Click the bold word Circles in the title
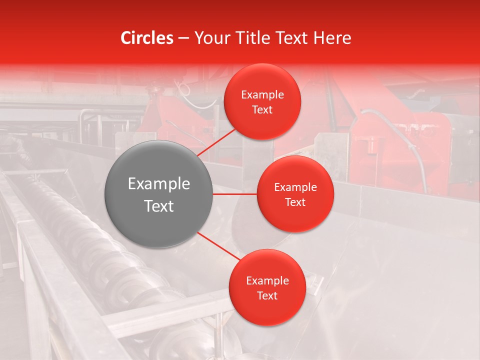147,38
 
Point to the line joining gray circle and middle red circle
235,194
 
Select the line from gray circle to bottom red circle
219,246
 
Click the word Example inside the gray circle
159,184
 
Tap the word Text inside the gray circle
159,206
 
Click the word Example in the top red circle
262,95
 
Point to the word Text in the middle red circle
295,202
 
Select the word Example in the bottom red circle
267,281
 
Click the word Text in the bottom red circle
267,295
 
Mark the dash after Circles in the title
183,38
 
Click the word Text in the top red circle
262,109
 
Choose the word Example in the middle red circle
295,187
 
